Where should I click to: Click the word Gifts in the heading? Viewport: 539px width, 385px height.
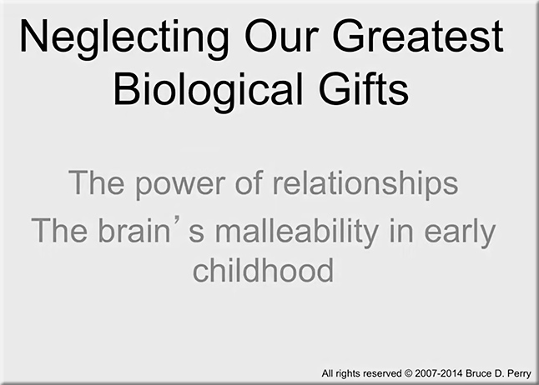[364, 88]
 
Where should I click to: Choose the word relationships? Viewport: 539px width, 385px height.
[365, 183]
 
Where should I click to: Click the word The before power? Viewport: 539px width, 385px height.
[96, 182]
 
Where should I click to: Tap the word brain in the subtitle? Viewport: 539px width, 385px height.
[134, 231]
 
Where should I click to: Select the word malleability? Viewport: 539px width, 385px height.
[296, 232]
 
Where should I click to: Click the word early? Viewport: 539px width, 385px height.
[460, 232]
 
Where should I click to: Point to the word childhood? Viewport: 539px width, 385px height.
[264, 270]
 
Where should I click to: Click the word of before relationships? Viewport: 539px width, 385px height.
[249, 182]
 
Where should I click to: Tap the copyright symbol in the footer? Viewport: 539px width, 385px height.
[408, 373]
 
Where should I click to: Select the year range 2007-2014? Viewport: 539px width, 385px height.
[439, 373]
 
